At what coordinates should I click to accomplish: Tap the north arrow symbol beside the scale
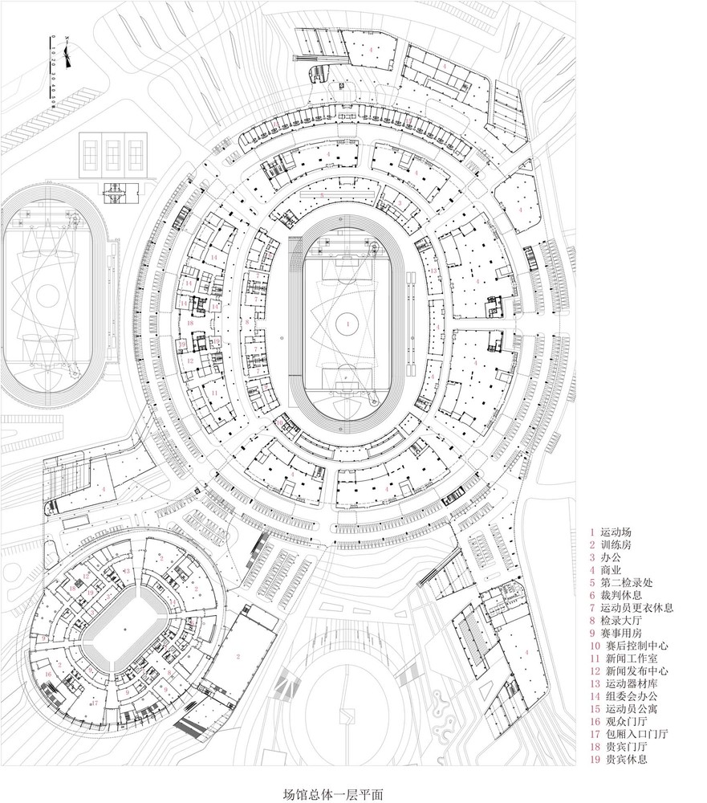pos(71,57)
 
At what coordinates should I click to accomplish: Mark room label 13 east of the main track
pos(433,271)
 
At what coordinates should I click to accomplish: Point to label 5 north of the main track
pos(322,195)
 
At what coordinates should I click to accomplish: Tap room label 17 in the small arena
pos(94,703)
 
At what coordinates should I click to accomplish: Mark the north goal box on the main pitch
pos(347,261)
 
